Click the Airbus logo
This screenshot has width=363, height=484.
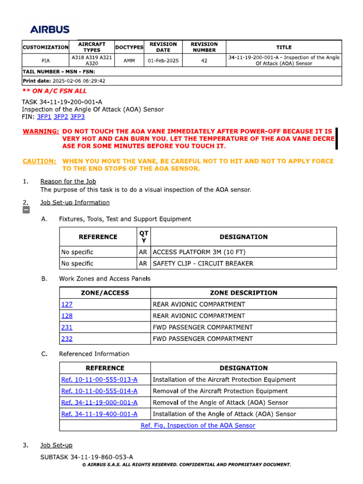tap(50, 29)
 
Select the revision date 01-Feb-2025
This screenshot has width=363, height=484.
tap(163, 61)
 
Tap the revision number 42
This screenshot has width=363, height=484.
tap(204, 61)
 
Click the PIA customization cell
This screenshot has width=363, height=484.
tap(46, 61)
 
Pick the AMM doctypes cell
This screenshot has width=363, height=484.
tap(129, 61)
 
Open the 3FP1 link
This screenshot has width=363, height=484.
tap(44, 117)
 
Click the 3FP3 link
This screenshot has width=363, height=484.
tap(78, 117)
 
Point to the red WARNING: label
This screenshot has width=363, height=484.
tap(41, 131)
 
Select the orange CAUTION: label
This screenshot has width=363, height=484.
tap(40, 161)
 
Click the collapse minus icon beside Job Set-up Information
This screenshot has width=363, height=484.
tap(26, 210)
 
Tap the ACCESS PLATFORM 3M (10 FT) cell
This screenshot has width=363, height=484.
tap(199, 252)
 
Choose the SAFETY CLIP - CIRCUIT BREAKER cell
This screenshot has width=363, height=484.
tap(203, 263)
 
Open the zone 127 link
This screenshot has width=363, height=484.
tap(67, 304)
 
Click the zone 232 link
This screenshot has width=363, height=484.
tap(67, 338)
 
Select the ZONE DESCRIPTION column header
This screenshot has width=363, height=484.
tap(243, 293)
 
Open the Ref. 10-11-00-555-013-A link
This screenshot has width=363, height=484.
tap(99, 380)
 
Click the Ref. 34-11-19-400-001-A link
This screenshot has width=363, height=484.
tap(99, 414)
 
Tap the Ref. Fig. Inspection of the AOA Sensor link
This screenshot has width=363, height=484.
tap(198, 425)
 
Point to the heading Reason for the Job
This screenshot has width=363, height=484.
tap(68, 181)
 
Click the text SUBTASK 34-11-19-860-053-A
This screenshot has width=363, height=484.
tap(86, 457)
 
